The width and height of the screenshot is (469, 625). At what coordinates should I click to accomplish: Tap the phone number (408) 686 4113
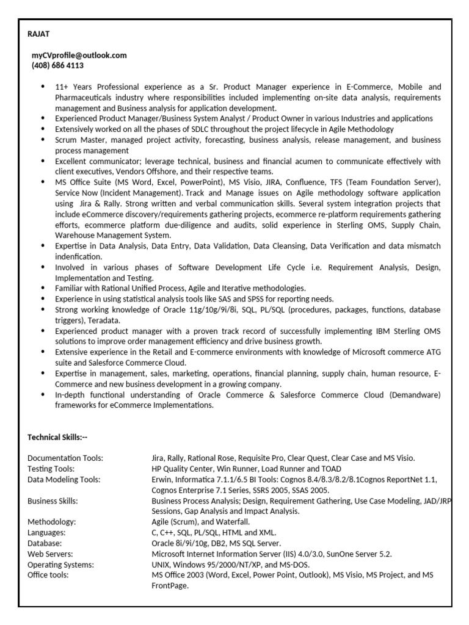(57, 65)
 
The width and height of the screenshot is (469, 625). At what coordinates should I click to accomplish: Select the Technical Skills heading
(58, 436)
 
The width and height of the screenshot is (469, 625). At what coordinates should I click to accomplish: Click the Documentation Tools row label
(65, 458)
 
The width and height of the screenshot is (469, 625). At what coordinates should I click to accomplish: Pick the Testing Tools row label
(51, 469)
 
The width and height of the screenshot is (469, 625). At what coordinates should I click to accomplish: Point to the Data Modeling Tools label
(64, 479)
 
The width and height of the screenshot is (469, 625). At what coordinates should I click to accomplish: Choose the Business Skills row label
(53, 500)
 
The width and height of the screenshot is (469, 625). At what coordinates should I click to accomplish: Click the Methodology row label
(51, 522)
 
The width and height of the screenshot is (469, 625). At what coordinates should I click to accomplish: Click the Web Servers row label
(50, 554)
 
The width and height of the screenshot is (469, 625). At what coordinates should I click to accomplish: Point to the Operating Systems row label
(60, 565)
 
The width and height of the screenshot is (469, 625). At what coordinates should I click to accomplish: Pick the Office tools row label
(48, 575)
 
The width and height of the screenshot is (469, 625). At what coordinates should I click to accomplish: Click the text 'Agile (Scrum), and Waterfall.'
(201, 522)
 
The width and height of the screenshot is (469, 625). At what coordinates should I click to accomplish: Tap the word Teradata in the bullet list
(104, 320)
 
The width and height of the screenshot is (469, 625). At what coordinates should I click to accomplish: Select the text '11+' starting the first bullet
(62, 87)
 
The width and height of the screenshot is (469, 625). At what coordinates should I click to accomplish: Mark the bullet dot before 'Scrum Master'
(42, 140)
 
